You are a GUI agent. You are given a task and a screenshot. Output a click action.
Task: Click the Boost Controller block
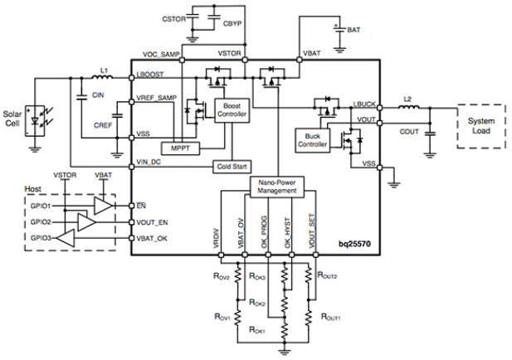[232, 110]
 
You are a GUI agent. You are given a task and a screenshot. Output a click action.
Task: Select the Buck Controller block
[313, 140]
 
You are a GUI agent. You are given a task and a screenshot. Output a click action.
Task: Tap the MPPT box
[181, 148]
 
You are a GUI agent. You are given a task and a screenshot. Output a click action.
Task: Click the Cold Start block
[232, 167]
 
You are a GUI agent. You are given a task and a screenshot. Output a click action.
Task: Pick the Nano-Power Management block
[277, 187]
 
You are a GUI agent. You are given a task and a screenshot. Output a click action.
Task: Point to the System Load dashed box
[481, 126]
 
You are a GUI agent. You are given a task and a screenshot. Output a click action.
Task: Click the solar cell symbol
[35, 121]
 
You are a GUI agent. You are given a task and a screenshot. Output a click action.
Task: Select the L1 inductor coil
[102, 77]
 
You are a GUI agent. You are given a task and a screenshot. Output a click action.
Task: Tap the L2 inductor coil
[409, 106]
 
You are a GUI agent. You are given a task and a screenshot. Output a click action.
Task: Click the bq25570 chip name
[354, 244]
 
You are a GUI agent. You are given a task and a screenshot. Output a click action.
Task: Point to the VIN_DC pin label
[149, 162]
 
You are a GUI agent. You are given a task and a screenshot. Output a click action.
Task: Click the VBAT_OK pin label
[152, 239]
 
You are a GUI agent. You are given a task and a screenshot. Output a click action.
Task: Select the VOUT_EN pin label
[152, 222]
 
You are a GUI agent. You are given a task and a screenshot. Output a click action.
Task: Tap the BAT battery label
[354, 30]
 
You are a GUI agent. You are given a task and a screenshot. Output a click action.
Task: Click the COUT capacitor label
[409, 132]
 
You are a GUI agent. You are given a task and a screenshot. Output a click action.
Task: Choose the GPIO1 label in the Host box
[41, 206]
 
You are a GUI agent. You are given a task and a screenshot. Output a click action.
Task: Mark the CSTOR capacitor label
[174, 19]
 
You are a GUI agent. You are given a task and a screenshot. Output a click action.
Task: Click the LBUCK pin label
[364, 105]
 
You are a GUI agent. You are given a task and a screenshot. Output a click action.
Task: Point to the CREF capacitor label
[103, 125]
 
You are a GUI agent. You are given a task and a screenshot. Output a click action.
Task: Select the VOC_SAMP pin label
[161, 54]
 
